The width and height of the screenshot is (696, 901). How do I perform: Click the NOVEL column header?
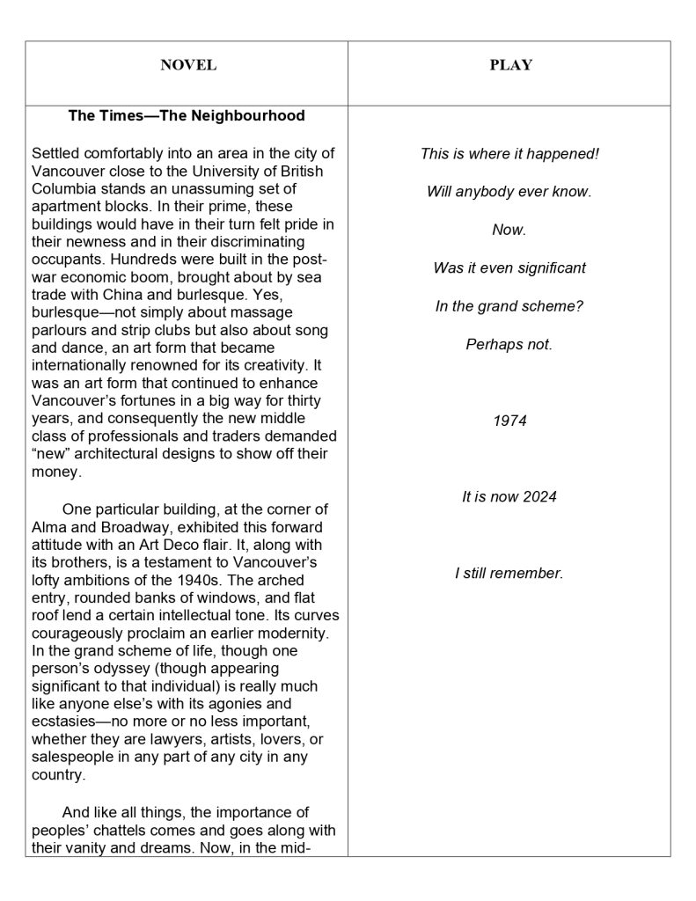(187, 65)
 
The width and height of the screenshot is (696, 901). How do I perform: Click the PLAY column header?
(510, 65)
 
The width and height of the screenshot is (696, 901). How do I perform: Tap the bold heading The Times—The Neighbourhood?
(187, 115)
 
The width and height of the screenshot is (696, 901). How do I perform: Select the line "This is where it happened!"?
(509, 153)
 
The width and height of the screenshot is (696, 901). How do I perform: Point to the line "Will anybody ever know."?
(509, 192)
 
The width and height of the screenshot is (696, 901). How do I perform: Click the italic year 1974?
(509, 421)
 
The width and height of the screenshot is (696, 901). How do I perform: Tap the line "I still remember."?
(509, 574)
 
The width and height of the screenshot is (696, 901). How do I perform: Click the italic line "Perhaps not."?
(509, 344)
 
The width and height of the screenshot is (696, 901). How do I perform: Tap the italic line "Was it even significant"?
(509, 267)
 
